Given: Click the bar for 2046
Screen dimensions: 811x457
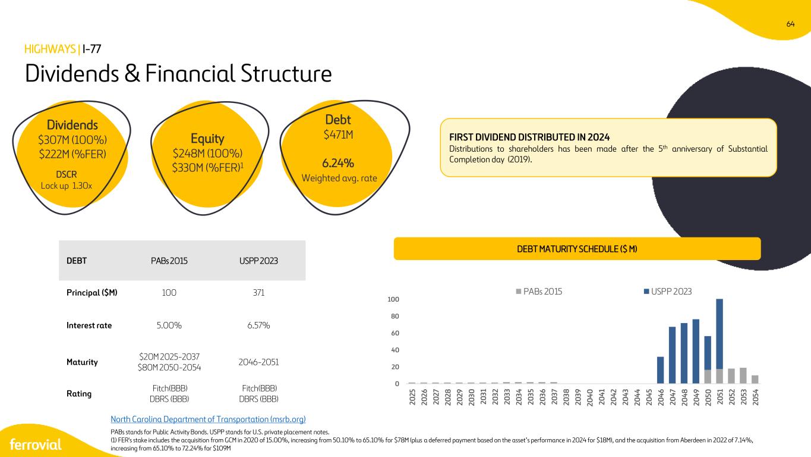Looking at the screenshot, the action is (661, 370).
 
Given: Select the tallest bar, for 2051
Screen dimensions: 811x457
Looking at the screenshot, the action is (720, 341).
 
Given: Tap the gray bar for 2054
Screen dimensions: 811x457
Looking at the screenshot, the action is (755, 380).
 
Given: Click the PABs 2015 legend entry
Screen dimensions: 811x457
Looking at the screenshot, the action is (539, 291).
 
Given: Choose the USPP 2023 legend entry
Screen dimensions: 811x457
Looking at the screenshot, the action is (668, 291).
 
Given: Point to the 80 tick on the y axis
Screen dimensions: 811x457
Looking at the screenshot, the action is (395, 317).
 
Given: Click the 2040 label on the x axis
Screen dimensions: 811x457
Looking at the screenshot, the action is (590, 397).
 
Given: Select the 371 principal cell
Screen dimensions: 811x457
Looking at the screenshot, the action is (258, 293).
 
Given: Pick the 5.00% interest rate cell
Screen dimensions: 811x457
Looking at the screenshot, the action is (169, 325).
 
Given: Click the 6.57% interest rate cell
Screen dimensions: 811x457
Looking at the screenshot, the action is (258, 325).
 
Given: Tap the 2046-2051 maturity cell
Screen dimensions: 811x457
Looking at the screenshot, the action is (258, 362).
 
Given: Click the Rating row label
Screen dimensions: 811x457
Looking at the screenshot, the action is (79, 394).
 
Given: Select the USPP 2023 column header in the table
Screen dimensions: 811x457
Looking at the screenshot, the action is (258, 261).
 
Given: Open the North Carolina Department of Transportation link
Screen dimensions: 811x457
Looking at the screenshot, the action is (208, 420).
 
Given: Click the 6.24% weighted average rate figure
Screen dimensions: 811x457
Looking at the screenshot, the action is (338, 163).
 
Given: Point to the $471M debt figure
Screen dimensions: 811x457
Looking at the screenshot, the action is (338, 135).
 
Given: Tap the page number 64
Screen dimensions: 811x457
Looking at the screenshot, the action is (790, 24).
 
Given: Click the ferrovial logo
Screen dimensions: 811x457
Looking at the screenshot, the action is (36, 445).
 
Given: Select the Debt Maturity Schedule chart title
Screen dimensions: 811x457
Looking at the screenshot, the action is (577, 249).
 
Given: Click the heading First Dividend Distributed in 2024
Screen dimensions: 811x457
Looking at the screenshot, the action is (529, 137).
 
